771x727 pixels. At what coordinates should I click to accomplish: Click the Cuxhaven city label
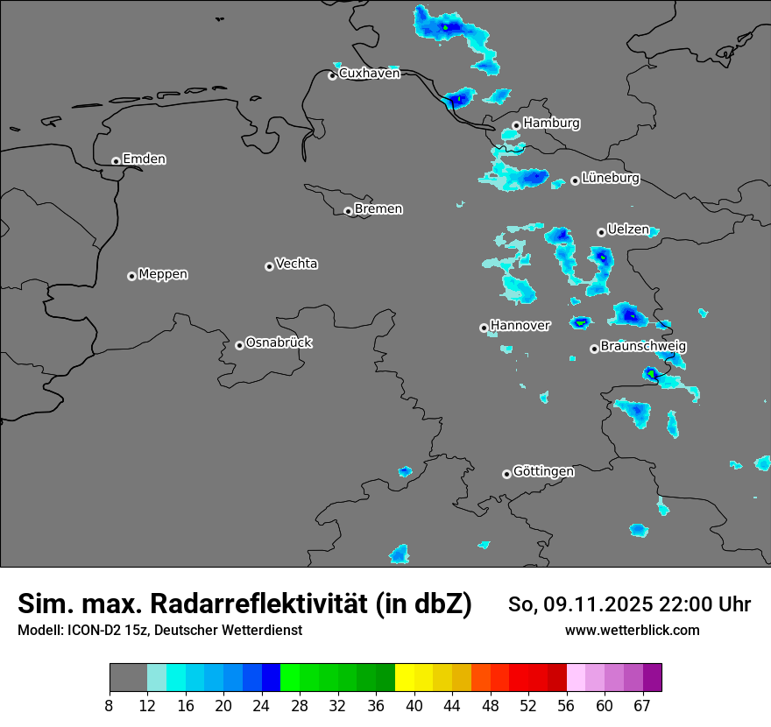pos(369,74)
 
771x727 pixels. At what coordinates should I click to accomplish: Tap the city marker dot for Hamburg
pos(517,125)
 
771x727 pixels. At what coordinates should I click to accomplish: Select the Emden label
pos(144,159)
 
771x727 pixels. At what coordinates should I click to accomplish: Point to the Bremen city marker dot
pos(348,211)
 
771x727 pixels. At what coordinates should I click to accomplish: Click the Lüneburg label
pos(611,179)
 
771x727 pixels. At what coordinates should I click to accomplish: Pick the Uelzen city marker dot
pos(601,232)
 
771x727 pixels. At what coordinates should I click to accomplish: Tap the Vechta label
pos(296,264)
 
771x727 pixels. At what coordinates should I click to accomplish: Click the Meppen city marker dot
pos(131,276)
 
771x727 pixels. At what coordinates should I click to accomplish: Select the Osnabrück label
pos(279,342)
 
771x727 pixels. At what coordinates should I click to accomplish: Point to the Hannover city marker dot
pos(484,328)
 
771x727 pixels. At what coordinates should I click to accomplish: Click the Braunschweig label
pos(643,347)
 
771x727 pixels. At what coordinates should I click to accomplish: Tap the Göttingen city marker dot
pos(506,474)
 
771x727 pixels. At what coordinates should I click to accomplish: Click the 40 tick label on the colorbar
pos(414,706)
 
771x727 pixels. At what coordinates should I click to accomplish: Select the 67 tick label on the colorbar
pos(642,706)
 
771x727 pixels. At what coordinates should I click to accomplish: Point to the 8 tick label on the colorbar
pos(110,706)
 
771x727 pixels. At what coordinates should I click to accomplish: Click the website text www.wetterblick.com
pos(632,631)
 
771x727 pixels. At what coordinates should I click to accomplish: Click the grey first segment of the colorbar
pos(128,678)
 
